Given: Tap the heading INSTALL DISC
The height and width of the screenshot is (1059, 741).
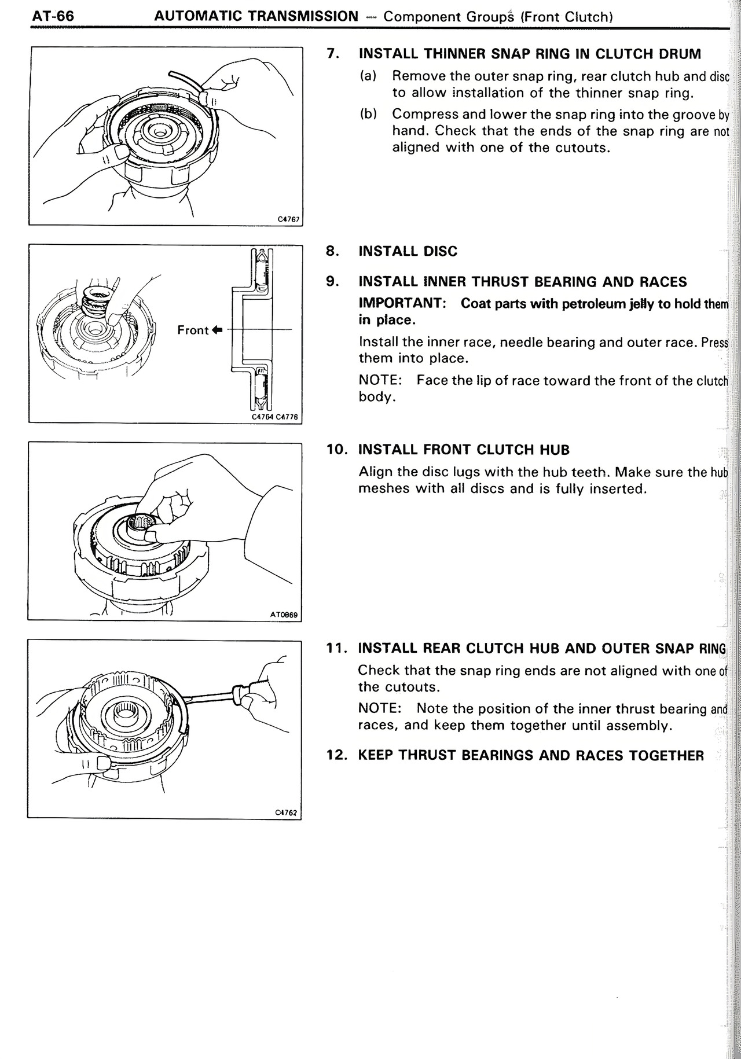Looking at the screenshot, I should pos(408,251).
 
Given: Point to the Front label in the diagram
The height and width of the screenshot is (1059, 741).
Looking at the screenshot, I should pos(193,330).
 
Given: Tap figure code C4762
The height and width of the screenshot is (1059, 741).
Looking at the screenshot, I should pos(287,812).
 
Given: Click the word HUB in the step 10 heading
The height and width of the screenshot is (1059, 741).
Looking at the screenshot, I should pos(556,450).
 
